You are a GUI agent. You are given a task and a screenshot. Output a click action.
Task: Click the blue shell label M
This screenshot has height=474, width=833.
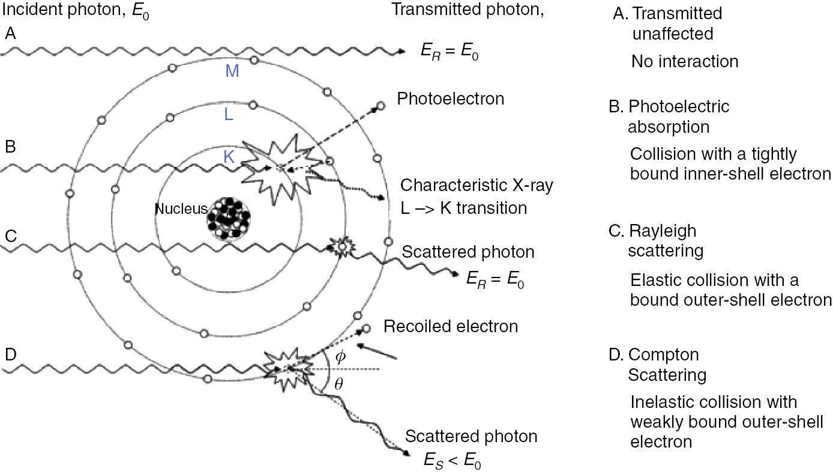[x=233, y=71]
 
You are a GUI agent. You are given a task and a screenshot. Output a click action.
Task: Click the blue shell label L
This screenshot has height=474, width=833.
[x=229, y=115]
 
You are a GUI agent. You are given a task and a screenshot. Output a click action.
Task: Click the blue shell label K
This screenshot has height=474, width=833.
[x=229, y=157]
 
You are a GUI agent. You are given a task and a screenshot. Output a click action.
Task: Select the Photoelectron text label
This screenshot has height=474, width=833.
[x=450, y=99]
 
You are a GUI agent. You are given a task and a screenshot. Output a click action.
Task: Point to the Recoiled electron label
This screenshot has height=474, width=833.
[x=451, y=327]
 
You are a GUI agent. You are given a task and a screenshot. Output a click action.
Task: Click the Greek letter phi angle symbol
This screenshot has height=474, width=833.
[x=340, y=356]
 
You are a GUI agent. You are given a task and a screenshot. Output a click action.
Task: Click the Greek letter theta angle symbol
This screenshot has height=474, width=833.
[x=338, y=383]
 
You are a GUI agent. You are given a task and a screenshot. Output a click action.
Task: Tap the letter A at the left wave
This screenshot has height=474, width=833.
[x=10, y=34]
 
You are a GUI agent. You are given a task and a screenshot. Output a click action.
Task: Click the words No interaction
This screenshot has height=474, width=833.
[x=685, y=61]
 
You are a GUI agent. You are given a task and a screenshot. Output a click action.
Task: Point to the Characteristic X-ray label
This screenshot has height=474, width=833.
[x=477, y=185]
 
